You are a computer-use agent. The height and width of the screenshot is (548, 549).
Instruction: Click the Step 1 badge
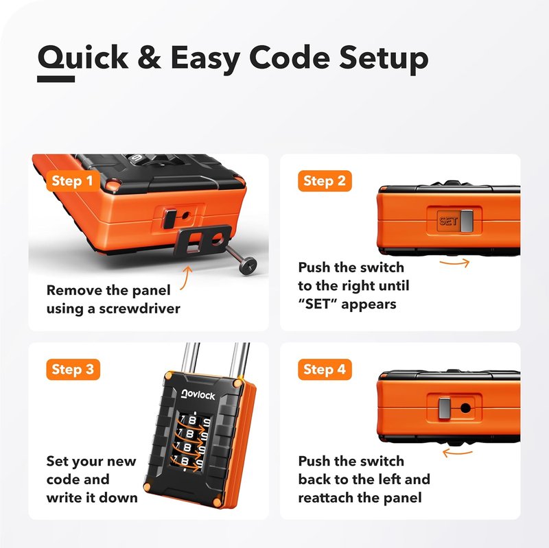73,181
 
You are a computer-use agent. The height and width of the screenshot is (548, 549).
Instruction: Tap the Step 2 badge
325,181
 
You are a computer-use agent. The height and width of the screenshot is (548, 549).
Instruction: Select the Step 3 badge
73,370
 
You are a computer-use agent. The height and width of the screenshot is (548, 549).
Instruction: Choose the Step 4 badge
325,370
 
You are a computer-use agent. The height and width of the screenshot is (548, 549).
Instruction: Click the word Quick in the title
83,58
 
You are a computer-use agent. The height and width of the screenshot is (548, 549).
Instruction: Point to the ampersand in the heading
150,57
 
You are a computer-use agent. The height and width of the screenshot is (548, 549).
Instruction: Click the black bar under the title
56,79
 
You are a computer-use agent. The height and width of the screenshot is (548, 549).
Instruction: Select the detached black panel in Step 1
202,241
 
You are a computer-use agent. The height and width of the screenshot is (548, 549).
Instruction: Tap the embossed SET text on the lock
448,221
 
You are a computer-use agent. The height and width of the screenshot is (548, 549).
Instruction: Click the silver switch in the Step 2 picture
467,221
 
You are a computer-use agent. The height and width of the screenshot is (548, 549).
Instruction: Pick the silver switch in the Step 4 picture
445,408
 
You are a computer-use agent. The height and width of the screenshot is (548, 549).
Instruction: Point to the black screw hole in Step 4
465,408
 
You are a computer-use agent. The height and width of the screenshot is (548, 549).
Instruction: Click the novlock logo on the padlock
198,395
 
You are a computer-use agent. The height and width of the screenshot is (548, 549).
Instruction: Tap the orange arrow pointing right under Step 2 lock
455,263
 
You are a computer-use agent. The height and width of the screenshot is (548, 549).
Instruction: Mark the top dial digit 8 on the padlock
192,420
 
